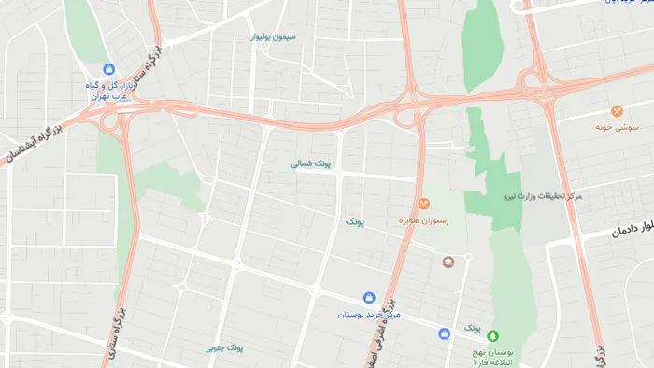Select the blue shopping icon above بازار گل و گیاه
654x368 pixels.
click(x=109, y=69)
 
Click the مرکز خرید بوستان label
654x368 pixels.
click(x=371, y=315)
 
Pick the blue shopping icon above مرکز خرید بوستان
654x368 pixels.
click(x=372, y=298)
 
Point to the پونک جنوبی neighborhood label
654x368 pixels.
click(x=224, y=347)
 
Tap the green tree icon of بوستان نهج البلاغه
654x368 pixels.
click(x=493, y=335)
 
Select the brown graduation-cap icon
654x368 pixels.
click(x=448, y=262)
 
